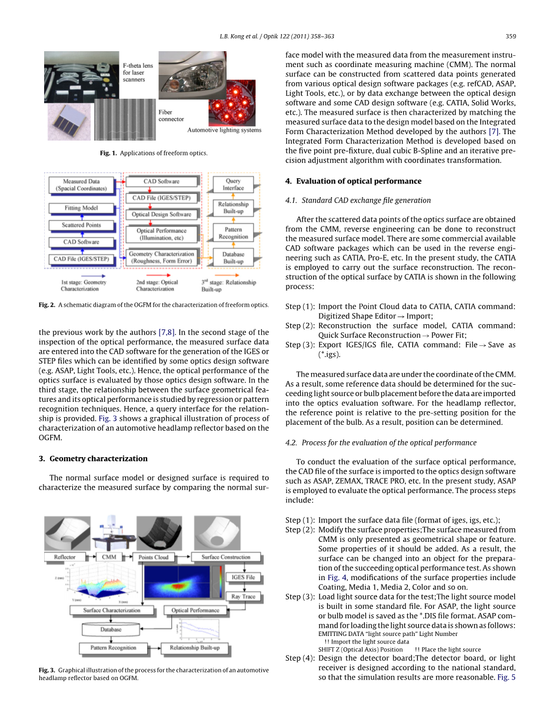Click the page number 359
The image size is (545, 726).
click(510, 36)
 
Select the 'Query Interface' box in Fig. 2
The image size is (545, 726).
click(233, 185)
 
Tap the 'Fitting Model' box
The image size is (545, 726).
click(81, 208)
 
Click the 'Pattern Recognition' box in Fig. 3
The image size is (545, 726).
click(113, 648)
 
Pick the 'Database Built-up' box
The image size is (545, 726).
click(233, 258)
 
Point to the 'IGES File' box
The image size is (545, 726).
click(242, 577)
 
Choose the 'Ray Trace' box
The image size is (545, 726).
click(242, 596)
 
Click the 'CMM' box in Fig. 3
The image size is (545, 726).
click(109, 557)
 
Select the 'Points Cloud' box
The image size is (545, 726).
click(154, 557)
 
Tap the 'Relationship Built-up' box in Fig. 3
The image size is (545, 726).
click(194, 648)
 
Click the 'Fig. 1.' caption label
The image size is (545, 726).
click(109, 154)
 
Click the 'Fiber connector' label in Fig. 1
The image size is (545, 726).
click(171, 115)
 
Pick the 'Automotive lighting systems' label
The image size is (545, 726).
click(224, 130)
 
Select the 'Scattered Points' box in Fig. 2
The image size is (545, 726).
click(81, 225)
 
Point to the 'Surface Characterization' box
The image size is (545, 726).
click(112, 610)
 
